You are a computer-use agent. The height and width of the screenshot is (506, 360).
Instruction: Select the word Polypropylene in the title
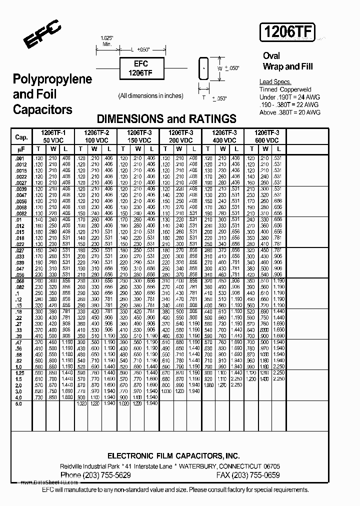pos(52,79)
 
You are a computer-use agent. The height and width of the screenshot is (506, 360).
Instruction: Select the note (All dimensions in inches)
pos(150,96)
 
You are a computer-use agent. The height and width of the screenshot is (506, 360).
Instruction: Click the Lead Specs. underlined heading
pos(275,82)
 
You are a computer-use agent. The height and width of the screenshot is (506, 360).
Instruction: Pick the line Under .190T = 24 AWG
pos(290,97)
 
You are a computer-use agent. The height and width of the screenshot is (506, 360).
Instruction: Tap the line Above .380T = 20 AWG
pos(290,112)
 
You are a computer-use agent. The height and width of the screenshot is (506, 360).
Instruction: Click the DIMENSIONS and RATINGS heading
pos(166,119)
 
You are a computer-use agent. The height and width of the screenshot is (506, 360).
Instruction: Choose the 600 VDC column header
pos(267,140)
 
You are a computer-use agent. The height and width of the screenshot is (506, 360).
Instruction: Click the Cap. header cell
pos(21,137)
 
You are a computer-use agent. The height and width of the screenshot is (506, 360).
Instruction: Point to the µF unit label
pos(21,149)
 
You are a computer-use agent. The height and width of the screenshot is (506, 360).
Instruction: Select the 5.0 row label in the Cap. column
pos(19,403)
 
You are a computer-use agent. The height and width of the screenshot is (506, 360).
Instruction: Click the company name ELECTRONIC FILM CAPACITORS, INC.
pos(173,455)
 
